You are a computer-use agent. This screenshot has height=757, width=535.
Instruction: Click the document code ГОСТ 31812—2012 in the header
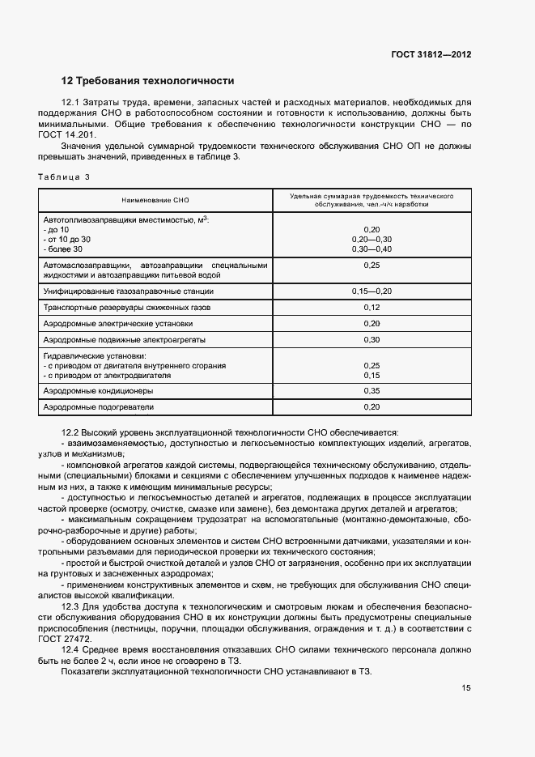point(431,55)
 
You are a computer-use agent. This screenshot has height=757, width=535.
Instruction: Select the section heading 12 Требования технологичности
point(148,81)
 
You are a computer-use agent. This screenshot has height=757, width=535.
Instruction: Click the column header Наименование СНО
point(155,199)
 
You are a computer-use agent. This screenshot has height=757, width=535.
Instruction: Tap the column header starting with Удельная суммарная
point(372,200)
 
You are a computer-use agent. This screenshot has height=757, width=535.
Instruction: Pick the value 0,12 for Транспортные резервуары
point(372,308)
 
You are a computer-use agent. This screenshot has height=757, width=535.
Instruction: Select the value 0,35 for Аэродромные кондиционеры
point(372,390)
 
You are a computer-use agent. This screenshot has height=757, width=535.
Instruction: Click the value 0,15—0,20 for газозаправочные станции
point(372,291)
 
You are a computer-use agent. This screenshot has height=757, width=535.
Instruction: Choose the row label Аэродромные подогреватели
point(98,406)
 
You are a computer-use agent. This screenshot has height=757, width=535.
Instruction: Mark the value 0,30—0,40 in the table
point(372,249)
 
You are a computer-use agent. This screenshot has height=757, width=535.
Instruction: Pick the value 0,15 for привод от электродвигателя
point(372,375)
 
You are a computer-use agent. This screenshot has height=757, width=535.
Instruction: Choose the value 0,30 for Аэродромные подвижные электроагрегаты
point(372,340)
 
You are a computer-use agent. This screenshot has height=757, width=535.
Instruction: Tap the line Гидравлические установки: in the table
point(94,355)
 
